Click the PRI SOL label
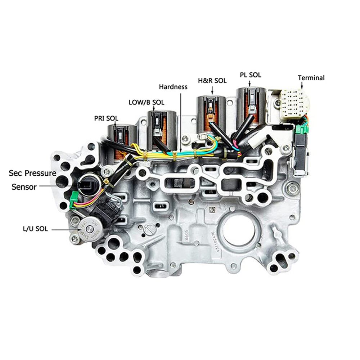106,118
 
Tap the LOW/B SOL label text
146,102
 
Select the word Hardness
174,86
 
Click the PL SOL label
250,75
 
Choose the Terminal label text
311,77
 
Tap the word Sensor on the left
24,186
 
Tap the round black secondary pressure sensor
87,184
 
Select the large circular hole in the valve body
238,231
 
